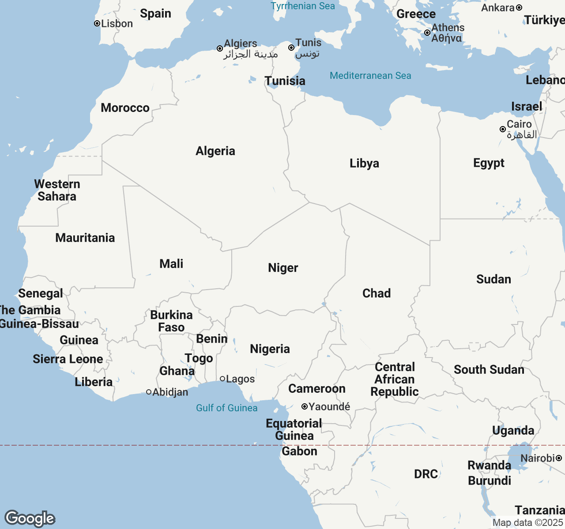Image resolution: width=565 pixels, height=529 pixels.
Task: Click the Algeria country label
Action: tap(215, 151)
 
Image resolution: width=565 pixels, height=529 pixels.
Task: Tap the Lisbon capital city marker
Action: tap(97, 24)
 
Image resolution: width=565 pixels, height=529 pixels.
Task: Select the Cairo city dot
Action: tap(503, 129)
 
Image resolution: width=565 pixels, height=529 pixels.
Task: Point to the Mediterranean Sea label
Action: tap(370, 76)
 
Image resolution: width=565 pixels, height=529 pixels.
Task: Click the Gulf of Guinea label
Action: tap(226, 408)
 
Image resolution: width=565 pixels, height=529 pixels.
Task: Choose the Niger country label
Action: tap(283, 268)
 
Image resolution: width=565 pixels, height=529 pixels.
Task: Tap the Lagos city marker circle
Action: tap(222, 379)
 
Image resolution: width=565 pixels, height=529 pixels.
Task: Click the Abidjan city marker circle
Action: tap(149, 392)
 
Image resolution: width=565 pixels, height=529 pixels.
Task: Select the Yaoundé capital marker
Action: tap(305, 406)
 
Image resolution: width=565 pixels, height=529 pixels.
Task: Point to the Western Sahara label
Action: tap(57, 190)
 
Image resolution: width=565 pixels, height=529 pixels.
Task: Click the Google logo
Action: tap(30, 518)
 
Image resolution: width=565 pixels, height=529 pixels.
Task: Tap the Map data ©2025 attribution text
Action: tap(527, 523)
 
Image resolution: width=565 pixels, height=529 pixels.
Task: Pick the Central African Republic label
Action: tap(395, 380)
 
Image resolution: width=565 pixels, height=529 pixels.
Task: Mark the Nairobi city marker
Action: tap(559, 458)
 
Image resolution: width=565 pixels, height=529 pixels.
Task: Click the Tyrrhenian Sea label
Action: tap(303, 6)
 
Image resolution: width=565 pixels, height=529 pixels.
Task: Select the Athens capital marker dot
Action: tap(427, 33)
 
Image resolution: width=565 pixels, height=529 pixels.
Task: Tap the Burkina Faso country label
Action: tap(171, 321)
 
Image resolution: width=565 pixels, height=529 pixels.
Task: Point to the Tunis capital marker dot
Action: tap(291, 48)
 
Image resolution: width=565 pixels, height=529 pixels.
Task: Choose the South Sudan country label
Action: tap(489, 370)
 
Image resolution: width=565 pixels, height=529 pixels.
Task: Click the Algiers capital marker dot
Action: tap(220, 48)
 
